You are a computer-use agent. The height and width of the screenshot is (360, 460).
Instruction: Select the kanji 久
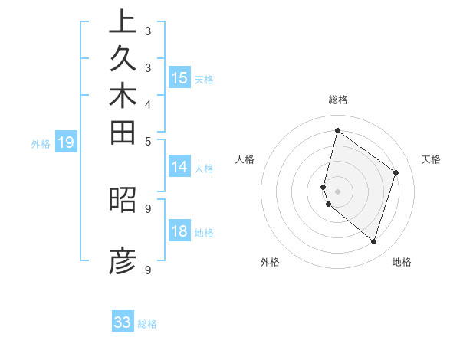coord(123,60)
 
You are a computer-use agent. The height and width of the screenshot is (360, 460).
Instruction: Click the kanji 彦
coord(123,261)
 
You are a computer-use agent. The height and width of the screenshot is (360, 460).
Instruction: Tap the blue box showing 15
coord(179,77)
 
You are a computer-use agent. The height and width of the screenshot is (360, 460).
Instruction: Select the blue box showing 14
coord(179,166)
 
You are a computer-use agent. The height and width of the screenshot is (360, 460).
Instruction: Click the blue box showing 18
coord(179,231)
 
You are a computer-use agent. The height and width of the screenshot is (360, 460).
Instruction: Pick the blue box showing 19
coord(66,142)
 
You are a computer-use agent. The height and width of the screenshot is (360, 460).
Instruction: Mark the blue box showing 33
coord(123,322)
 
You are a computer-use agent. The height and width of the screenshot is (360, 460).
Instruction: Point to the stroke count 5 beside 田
coord(148,141)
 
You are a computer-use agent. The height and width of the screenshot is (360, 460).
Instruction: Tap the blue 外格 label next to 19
coord(41,142)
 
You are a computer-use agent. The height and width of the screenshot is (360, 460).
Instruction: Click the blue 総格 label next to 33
coord(148,324)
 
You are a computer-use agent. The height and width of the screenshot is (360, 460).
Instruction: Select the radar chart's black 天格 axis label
coord(432,159)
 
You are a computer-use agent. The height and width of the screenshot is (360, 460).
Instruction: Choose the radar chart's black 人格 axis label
coord(245,159)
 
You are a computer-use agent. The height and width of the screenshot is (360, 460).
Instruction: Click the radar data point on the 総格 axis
coord(337,131)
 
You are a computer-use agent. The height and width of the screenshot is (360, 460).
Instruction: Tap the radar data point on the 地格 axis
coord(373,242)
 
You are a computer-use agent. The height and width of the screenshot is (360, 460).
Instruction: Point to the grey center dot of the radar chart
coord(337,191)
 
